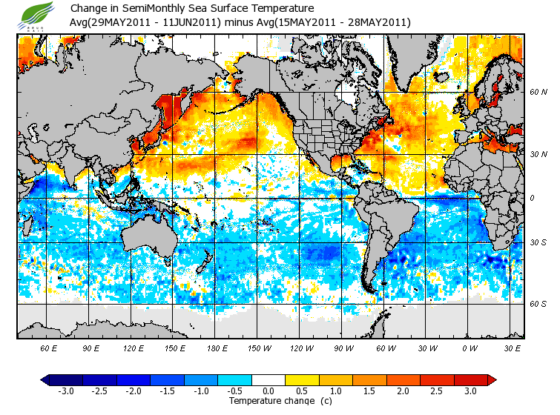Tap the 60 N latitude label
click(538, 92)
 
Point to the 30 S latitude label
click(538, 242)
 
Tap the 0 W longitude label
click(469, 348)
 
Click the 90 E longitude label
click(91, 348)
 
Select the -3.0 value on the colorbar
click(65, 391)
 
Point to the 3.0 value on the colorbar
click(471, 391)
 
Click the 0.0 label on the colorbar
click(269, 391)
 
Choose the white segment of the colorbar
click(269, 380)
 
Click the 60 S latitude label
click(538, 304)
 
